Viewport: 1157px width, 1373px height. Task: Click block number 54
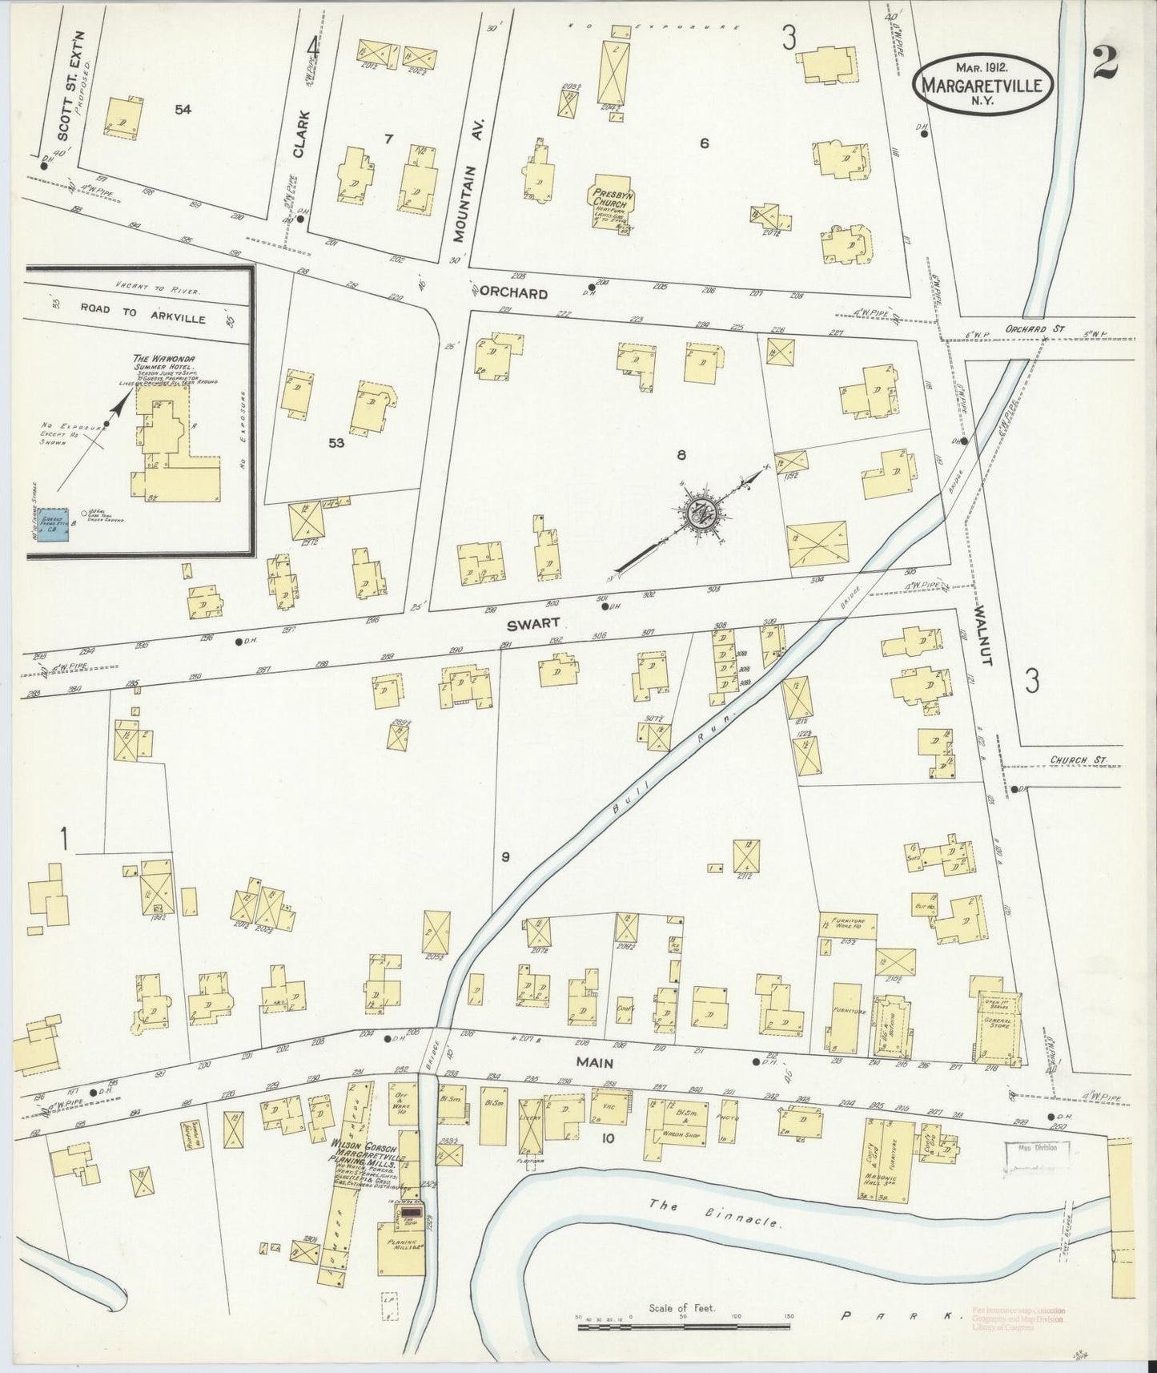point(183,110)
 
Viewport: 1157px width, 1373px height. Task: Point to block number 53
point(336,441)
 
